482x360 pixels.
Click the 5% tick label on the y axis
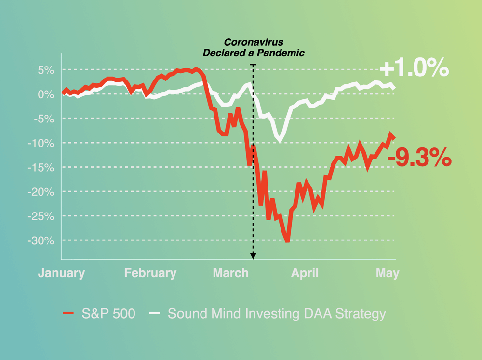47,70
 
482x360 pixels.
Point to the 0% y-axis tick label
47,94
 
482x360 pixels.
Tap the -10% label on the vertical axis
44,143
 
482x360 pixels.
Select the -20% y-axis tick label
44,192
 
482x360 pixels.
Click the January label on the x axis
62,273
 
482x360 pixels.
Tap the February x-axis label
150,273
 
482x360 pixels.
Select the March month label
231,273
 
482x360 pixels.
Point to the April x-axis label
305,273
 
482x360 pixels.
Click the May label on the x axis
388,273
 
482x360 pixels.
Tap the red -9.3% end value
423,158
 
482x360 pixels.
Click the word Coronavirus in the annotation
254,43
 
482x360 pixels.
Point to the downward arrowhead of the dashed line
253,257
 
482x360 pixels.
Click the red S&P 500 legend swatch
68,314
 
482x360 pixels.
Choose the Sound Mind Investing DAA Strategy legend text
277,314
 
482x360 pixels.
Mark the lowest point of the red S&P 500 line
287,240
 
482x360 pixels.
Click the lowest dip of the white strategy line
280,141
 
